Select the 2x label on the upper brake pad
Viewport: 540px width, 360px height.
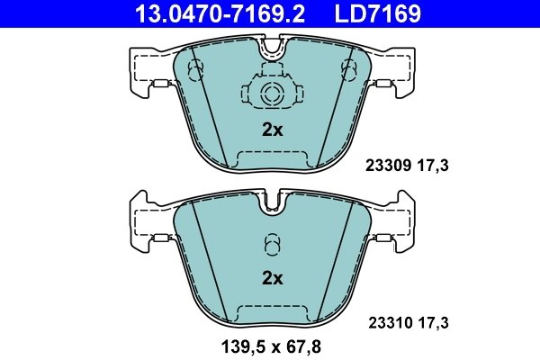pyautogui.click(x=272, y=130)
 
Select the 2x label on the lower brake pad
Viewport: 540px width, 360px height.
pyautogui.click(x=272, y=278)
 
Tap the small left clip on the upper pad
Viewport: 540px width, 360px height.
pyautogui.click(x=162, y=86)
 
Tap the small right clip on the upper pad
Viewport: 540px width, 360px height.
pyautogui.click(x=382, y=86)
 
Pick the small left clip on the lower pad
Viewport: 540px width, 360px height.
pyautogui.click(x=162, y=238)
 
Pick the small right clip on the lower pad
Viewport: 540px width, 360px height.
pyautogui.click(x=382, y=238)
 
